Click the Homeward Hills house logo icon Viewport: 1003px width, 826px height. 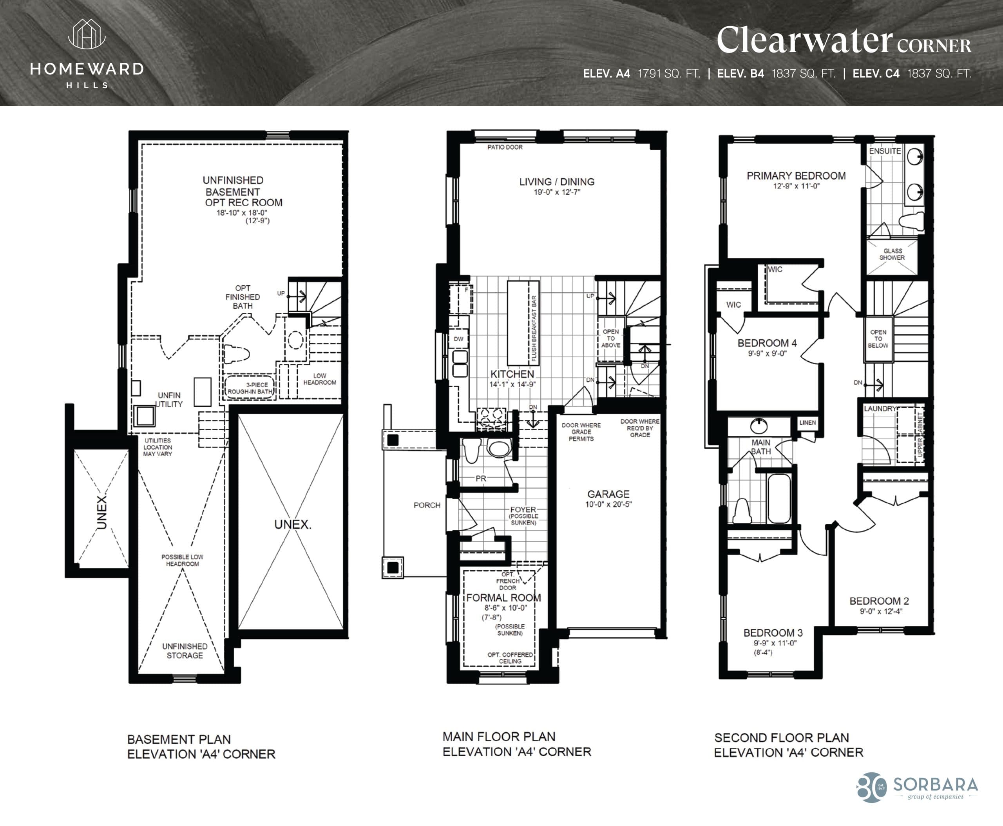(x=87, y=34)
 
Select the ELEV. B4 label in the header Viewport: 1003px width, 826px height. (x=740, y=74)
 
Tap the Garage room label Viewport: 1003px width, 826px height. (x=608, y=494)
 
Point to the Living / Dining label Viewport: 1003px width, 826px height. (x=557, y=182)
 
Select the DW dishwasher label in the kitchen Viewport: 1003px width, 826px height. (x=458, y=339)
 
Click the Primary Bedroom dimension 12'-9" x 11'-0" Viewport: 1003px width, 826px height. (x=796, y=187)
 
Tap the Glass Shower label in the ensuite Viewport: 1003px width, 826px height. (x=892, y=254)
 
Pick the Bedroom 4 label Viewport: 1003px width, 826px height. (x=767, y=343)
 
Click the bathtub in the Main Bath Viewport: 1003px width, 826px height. (x=779, y=498)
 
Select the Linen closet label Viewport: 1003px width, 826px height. (x=807, y=422)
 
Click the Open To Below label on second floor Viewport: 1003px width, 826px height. (x=878, y=339)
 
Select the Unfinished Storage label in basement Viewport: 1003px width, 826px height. (x=185, y=650)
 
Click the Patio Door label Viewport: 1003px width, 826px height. (x=505, y=147)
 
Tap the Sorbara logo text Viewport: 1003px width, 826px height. (x=935, y=784)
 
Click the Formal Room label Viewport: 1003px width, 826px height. (x=503, y=598)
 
